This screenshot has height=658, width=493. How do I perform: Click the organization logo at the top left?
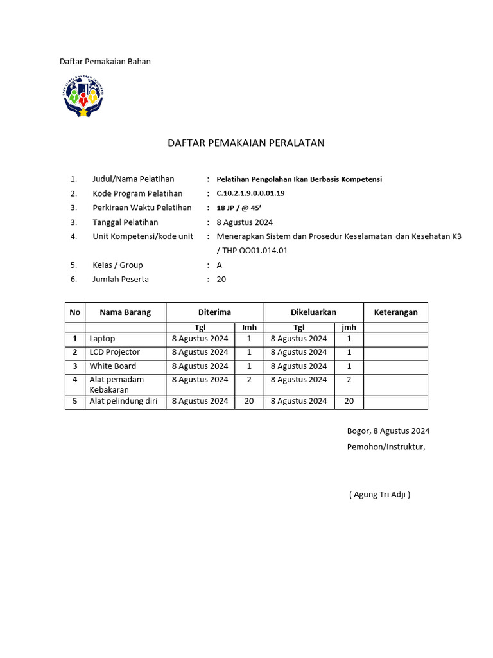(x=83, y=96)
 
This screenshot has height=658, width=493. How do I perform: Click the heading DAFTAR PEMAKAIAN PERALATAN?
(x=246, y=143)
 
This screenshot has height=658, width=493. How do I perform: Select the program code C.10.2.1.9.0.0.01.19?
(x=250, y=193)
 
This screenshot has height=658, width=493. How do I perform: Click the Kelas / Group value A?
(x=220, y=265)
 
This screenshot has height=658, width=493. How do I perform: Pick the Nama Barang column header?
(x=125, y=312)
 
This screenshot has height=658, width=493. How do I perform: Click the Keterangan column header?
(x=395, y=312)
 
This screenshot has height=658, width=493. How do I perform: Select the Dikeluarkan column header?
(x=313, y=312)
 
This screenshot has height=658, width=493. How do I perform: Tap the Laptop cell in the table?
(x=103, y=339)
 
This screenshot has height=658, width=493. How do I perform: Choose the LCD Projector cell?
(x=115, y=352)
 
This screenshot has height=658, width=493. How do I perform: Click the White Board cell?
(x=113, y=366)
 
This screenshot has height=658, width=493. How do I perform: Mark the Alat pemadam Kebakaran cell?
(x=116, y=384)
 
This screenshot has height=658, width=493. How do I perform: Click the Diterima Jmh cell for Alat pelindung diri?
(x=249, y=401)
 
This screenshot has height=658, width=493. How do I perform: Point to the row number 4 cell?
(x=75, y=380)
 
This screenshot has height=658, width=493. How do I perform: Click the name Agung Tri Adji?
(x=379, y=494)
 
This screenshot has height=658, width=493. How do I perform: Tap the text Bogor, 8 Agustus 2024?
(x=388, y=431)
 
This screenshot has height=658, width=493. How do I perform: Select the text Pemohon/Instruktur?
(x=386, y=447)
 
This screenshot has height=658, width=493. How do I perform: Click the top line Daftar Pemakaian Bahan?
(x=105, y=62)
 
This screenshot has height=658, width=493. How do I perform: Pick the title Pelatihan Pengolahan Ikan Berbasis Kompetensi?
(x=299, y=179)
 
